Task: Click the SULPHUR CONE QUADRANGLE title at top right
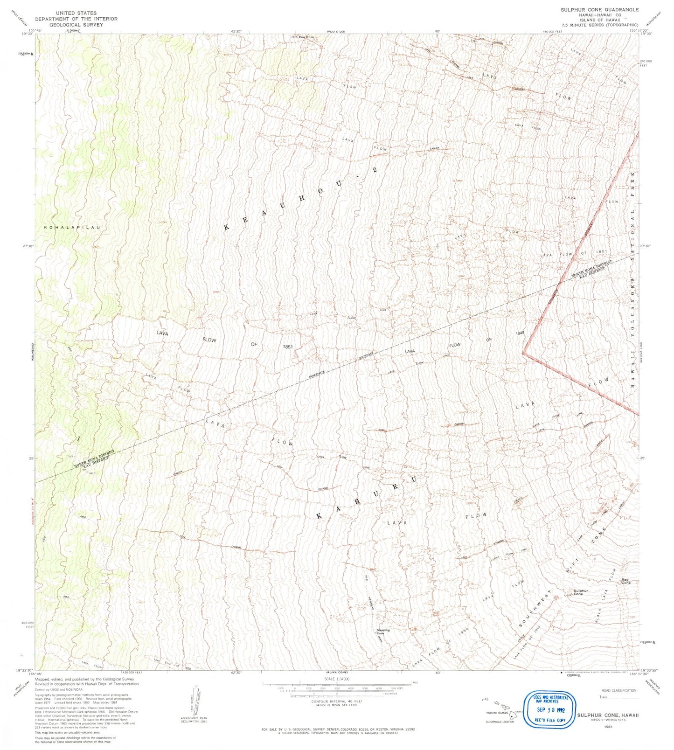(x=599, y=9)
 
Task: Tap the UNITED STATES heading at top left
(x=76, y=13)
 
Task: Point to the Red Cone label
(x=625, y=581)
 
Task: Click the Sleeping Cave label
(x=383, y=632)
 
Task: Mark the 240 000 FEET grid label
(x=646, y=63)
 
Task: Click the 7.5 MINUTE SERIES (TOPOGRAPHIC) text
(x=599, y=25)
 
